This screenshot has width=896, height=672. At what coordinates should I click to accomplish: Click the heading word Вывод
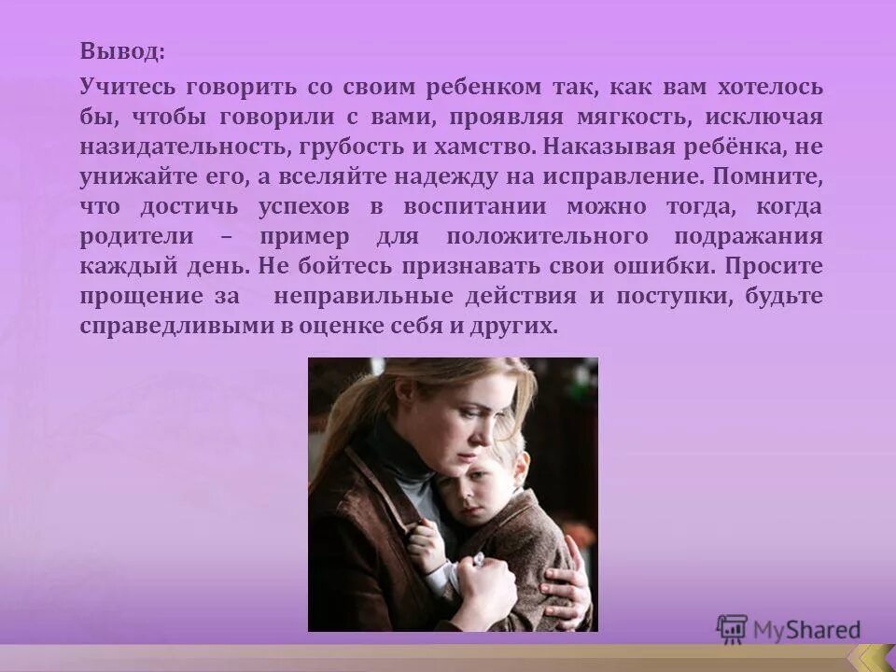(121, 51)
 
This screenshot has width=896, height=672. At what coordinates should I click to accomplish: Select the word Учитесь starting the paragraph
(128, 88)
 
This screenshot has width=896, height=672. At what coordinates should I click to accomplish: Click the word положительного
(554, 237)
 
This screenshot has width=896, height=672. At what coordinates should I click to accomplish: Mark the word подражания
(755, 237)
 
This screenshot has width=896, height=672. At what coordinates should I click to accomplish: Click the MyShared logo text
(805, 630)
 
